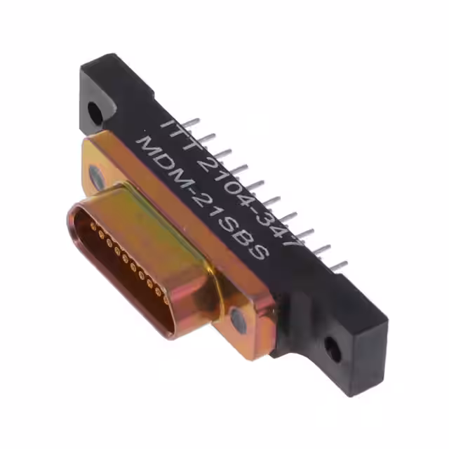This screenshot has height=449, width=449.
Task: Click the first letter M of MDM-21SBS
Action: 145,145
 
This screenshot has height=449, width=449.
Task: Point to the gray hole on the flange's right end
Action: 238,321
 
